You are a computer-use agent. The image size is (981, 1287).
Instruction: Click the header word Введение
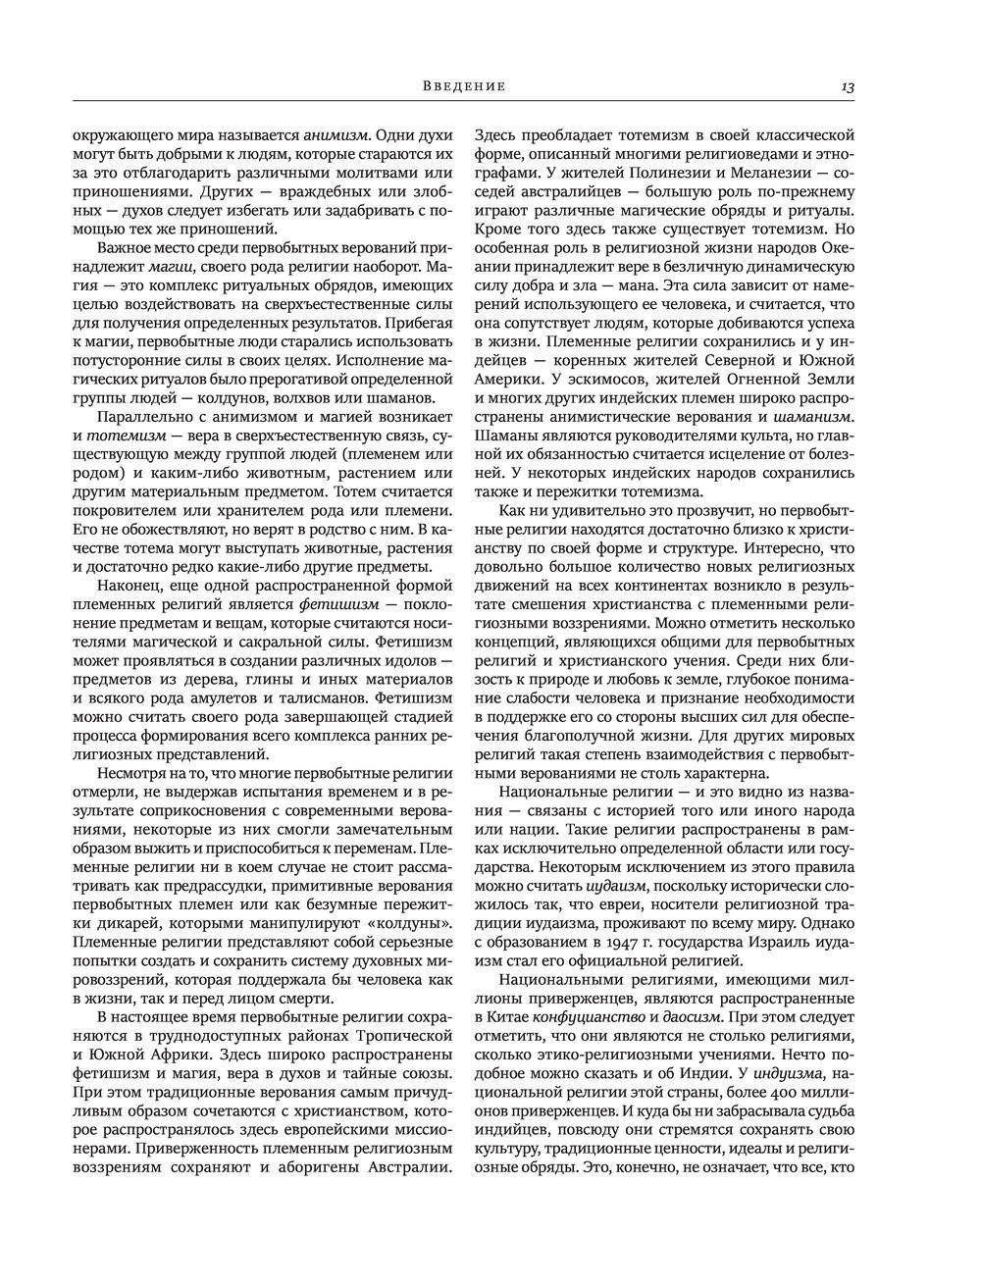pyautogui.click(x=465, y=86)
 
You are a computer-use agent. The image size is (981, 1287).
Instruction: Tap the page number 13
pyautogui.click(x=848, y=87)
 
